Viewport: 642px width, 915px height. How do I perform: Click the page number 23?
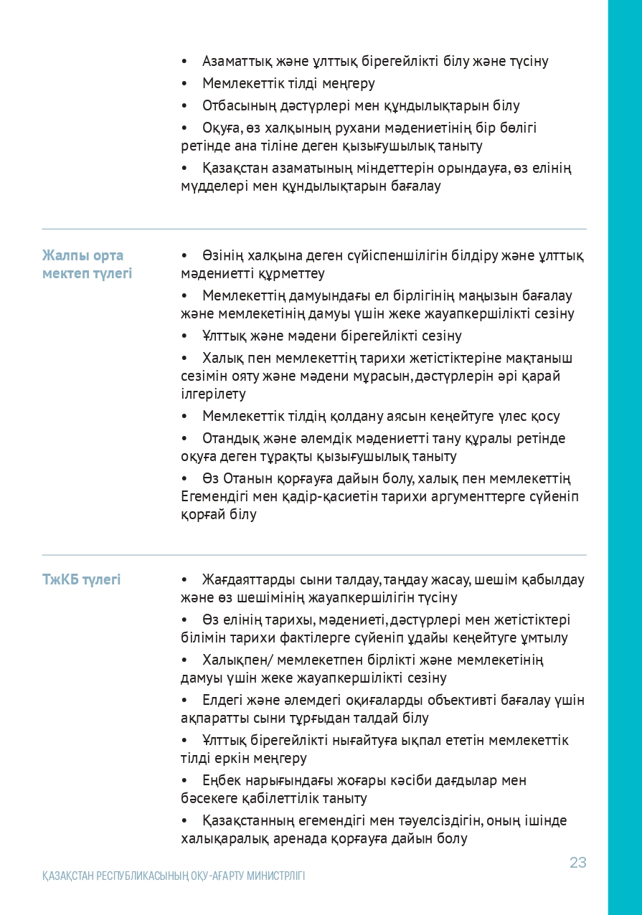[x=577, y=863]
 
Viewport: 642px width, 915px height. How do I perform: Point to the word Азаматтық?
[x=234, y=62]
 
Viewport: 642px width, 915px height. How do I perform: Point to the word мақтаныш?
[x=540, y=358]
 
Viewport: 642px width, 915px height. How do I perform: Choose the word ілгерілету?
[x=213, y=394]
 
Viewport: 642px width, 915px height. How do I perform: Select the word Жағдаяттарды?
[x=246, y=579]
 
